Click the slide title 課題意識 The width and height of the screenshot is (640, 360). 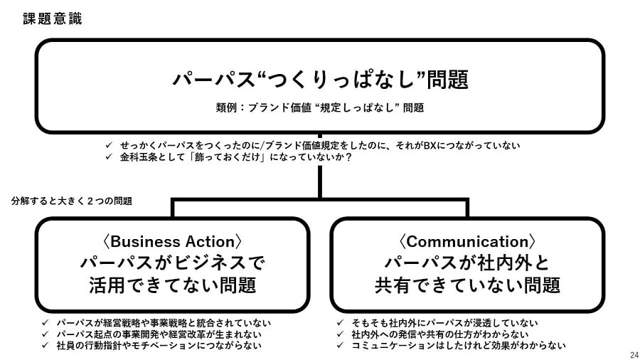tap(52, 18)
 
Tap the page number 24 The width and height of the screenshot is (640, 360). tap(634, 355)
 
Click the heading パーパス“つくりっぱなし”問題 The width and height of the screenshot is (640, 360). tap(321, 79)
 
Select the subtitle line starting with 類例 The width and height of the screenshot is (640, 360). tap(320, 107)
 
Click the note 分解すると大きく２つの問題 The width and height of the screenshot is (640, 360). tap(72, 201)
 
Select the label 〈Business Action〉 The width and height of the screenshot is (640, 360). tap(172, 242)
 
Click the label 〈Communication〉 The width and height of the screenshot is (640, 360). tap(467, 242)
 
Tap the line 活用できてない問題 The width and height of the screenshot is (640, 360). tap(173, 285)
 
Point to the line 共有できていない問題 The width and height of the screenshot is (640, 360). tap(467, 285)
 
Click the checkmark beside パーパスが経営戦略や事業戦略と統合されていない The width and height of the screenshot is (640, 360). tap(45, 323)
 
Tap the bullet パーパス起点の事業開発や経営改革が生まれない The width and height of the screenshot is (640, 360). tap(159, 334)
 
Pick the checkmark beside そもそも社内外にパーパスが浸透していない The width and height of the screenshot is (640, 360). tap(340, 323)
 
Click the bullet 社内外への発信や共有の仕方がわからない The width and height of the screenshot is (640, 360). tap(440, 334)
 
